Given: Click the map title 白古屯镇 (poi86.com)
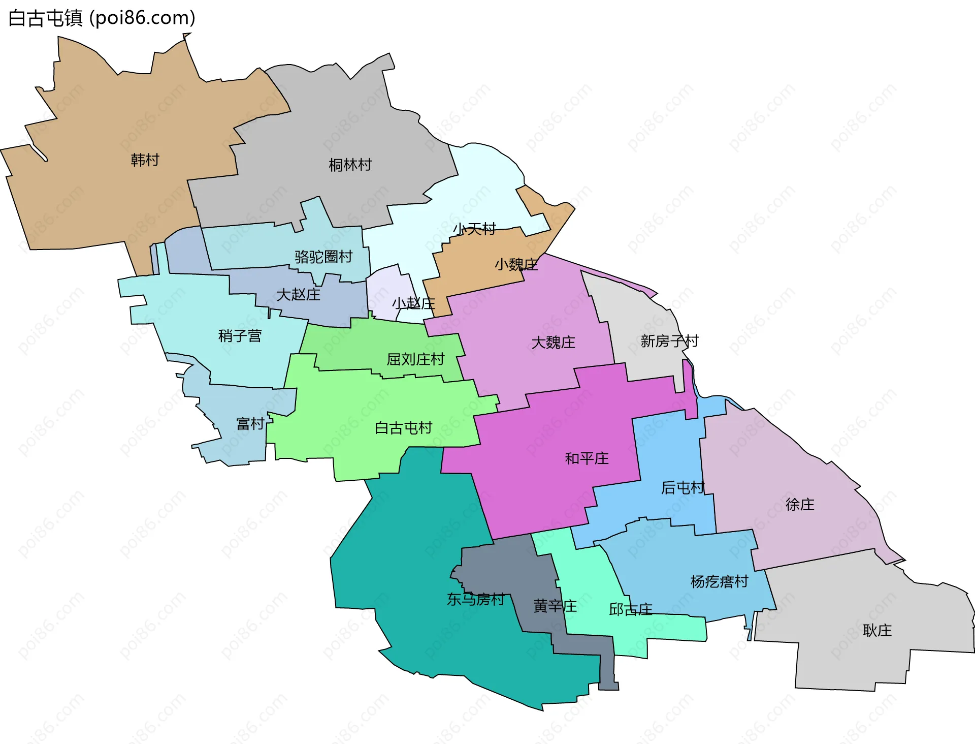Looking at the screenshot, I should click(x=102, y=18).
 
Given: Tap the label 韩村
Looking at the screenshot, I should click(x=145, y=160).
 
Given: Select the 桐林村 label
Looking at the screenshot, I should click(x=350, y=165).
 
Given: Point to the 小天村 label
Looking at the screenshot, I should click(x=474, y=229).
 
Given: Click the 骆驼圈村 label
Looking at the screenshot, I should click(x=323, y=257).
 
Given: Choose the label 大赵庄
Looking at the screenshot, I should click(x=298, y=295).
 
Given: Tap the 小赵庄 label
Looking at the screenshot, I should click(x=413, y=303).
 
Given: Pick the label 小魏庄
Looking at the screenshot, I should click(x=516, y=264).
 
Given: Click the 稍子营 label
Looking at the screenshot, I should click(x=240, y=336).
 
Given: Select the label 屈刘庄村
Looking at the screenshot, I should click(x=415, y=359).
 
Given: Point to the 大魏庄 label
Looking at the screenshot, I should click(x=553, y=343).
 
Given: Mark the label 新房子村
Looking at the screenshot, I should click(x=669, y=341).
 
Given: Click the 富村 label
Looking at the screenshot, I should click(x=250, y=424).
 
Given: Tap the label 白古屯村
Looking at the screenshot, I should click(x=403, y=428).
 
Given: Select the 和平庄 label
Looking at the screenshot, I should click(x=587, y=458).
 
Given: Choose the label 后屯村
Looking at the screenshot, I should click(x=682, y=488).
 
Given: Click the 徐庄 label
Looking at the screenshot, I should click(x=800, y=504).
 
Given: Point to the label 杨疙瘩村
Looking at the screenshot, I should click(x=719, y=581).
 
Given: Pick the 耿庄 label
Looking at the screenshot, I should click(x=877, y=631).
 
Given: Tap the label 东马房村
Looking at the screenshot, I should click(x=475, y=600).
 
